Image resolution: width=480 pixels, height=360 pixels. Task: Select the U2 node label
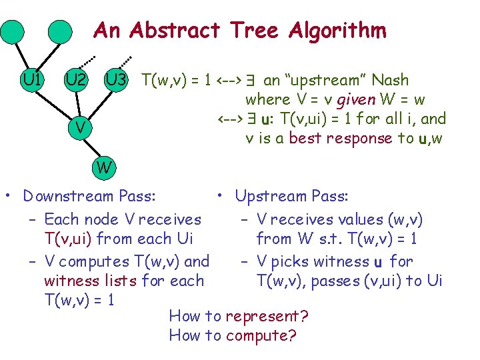tap(75, 81)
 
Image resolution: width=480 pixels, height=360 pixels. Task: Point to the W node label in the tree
tap(103, 167)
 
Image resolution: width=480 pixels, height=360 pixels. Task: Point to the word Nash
tap(390, 81)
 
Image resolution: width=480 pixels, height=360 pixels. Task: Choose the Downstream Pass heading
tap(89, 196)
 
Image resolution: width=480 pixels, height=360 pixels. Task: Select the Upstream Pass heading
tap(291, 196)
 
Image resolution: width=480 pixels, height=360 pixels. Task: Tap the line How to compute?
tap(232, 335)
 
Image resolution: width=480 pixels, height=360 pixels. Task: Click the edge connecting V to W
tap(92, 147)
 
